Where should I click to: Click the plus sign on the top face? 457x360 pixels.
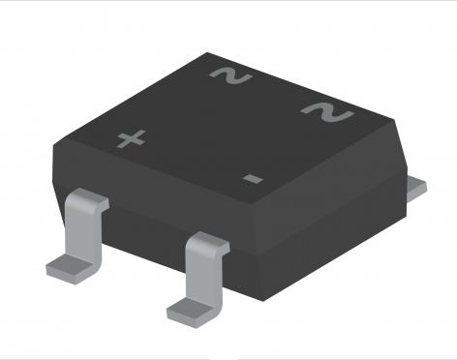pyautogui.click(x=131, y=139)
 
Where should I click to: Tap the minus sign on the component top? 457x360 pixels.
pyautogui.click(x=253, y=178)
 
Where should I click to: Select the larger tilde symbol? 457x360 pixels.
pyautogui.click(x=327, y=112)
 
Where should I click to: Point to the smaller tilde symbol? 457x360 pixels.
pyautogui.click(x=230, y=76)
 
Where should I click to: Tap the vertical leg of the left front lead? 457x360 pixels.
pyautogui.click(x=83, y=232)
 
